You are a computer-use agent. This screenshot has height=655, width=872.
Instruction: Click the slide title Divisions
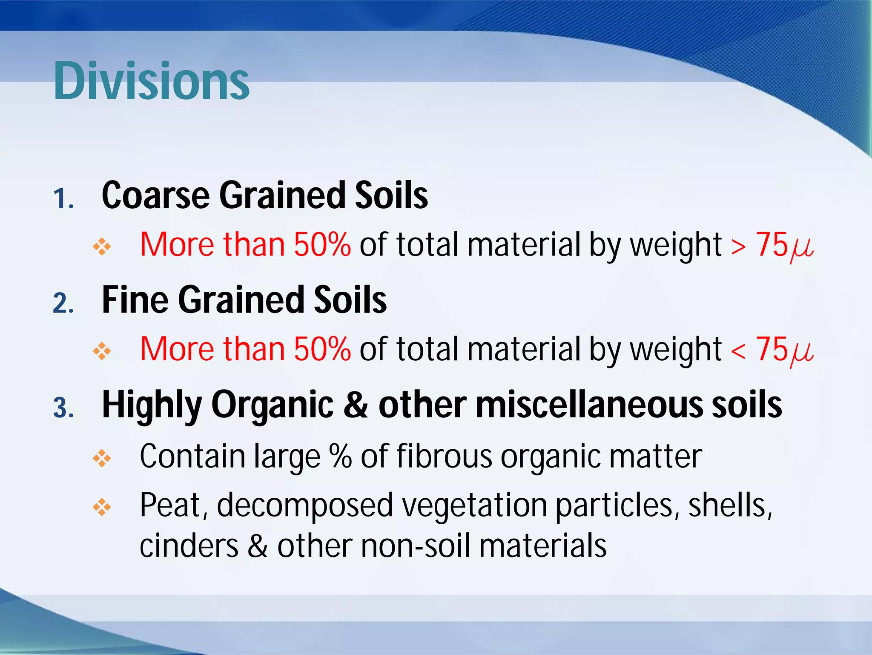click(x=151, y=81)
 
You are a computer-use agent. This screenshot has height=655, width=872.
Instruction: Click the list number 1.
click(x=63, y=199)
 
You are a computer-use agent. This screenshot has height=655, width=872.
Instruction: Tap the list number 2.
click(x=63, y=304)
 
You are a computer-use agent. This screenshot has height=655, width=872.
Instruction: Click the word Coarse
click(x=156, y=195)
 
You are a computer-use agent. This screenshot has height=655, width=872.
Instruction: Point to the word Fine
click(x=135, y=300)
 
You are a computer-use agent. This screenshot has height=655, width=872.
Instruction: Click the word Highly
click(x=152, y=405)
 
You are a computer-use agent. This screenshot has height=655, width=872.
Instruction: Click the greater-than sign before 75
click(x=738, y=247)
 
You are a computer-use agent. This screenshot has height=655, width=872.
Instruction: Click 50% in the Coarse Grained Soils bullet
click(x=322, y=244)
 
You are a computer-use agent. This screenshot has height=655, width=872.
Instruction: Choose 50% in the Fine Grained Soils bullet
click(x=322, y=349)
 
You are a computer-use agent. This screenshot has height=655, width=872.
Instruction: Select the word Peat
click(x=174, y=506)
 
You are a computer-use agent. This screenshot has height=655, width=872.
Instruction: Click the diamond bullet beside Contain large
click(x=102, y=459)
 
